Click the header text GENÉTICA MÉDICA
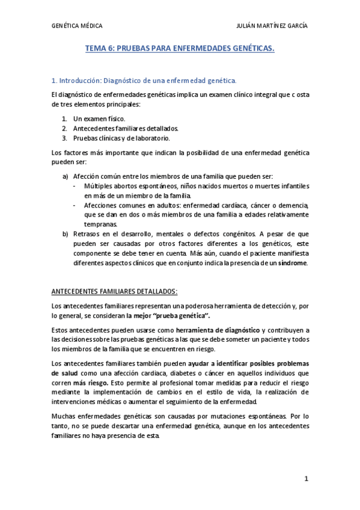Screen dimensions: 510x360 click(x=78, y=26)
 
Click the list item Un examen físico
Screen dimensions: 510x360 click(x=99, y=119)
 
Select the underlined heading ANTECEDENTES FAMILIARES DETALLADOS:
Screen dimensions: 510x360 click(x=115, y=292)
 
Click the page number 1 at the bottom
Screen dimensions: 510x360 click(x=306, y=479)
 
